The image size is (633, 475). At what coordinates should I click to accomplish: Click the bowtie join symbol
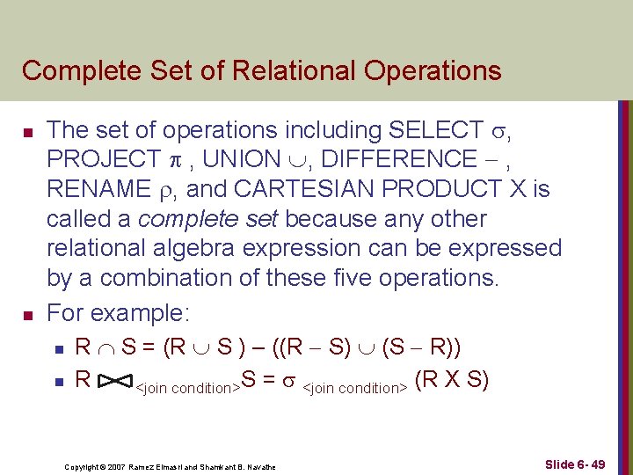pos(113,382)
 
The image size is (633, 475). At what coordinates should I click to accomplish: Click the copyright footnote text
pos(171,466)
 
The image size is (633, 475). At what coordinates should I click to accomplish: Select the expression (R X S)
pos(455,380)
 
